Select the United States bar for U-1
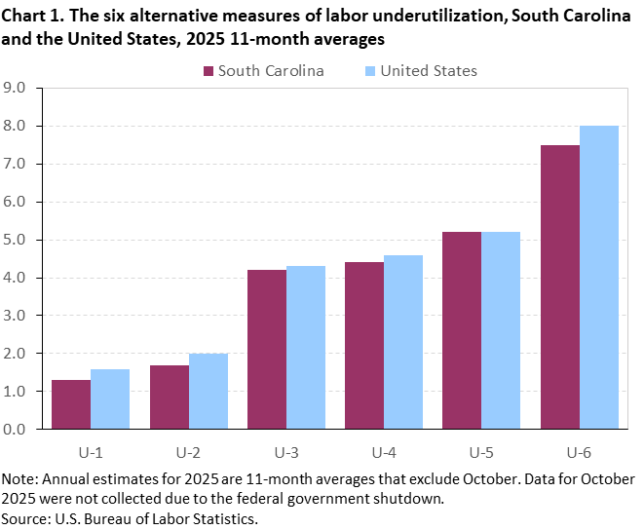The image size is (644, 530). click(x=110, y=398)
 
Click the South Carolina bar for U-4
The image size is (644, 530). click(x=364, y=345)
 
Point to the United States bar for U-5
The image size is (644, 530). click(x=501, y=330)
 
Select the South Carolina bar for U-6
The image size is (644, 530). click(x=559, y=286)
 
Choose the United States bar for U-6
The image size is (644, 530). click(x=598, y=278)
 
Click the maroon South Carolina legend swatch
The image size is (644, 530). click(x=208, y=71)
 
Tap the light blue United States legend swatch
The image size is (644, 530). click(x=370, y=71)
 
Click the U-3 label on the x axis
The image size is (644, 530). click(x=285, y=452)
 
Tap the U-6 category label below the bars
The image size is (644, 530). click(x=579, y=452)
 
